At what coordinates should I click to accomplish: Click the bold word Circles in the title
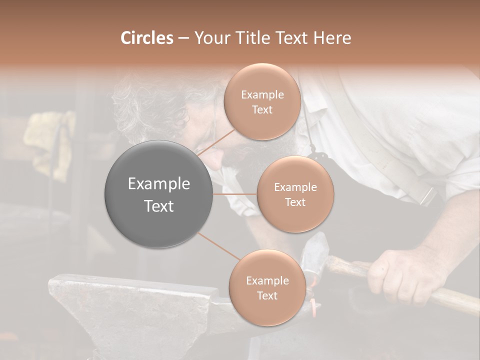tap(146, 38)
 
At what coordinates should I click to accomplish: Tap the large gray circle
tap(158, 194)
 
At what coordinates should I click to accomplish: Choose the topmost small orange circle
tap(262, 101)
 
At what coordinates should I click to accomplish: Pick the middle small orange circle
tap(295, 194)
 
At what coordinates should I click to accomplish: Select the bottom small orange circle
tap(267, 287)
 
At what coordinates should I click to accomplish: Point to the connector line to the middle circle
tap(234, 194)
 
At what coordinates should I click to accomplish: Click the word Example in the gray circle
tap(158, 184)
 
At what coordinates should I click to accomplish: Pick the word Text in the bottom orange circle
tap(267, 295)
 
